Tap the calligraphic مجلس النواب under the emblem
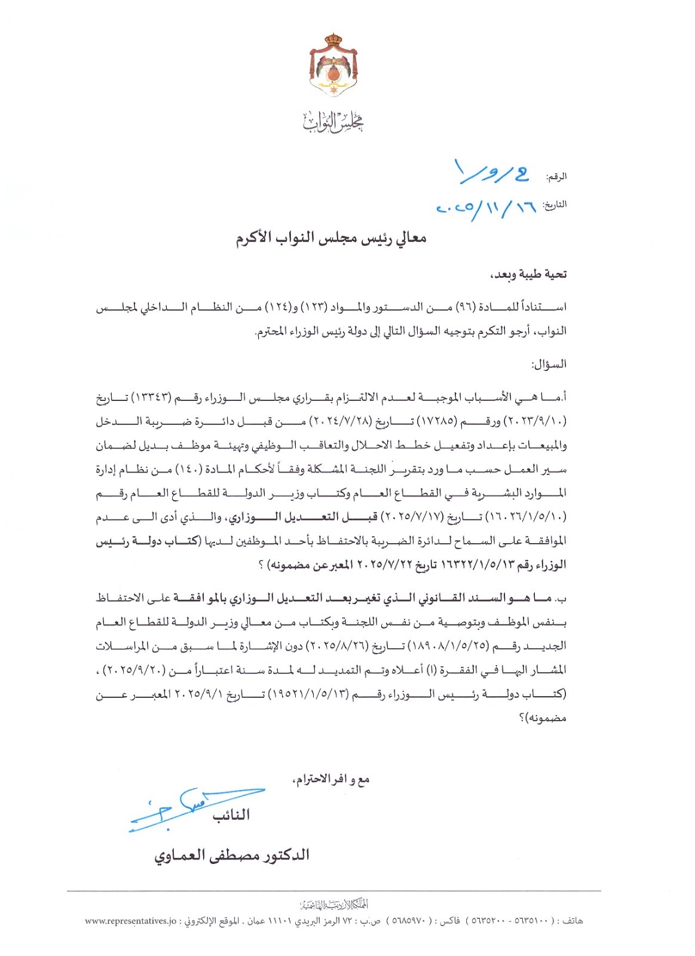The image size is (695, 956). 333,122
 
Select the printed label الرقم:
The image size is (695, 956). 556,177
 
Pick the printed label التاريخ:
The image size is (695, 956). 554,205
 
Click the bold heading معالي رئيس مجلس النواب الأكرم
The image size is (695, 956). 331,238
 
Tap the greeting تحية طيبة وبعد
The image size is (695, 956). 528,274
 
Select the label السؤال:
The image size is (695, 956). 549,364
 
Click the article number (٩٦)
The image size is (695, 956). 465,307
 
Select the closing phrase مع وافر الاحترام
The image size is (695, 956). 332,779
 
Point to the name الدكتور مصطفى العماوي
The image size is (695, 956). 232,856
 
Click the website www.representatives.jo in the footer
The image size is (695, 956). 131,921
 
